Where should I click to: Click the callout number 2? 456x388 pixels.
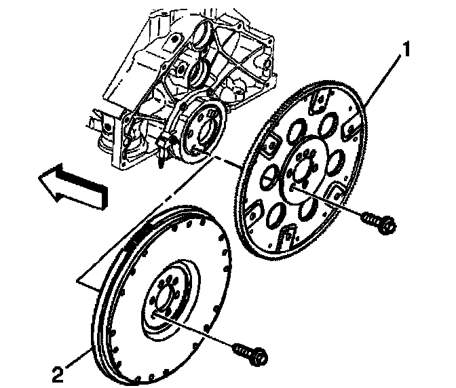coord(59,372)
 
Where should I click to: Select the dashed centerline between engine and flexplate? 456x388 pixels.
coord(204,170)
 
